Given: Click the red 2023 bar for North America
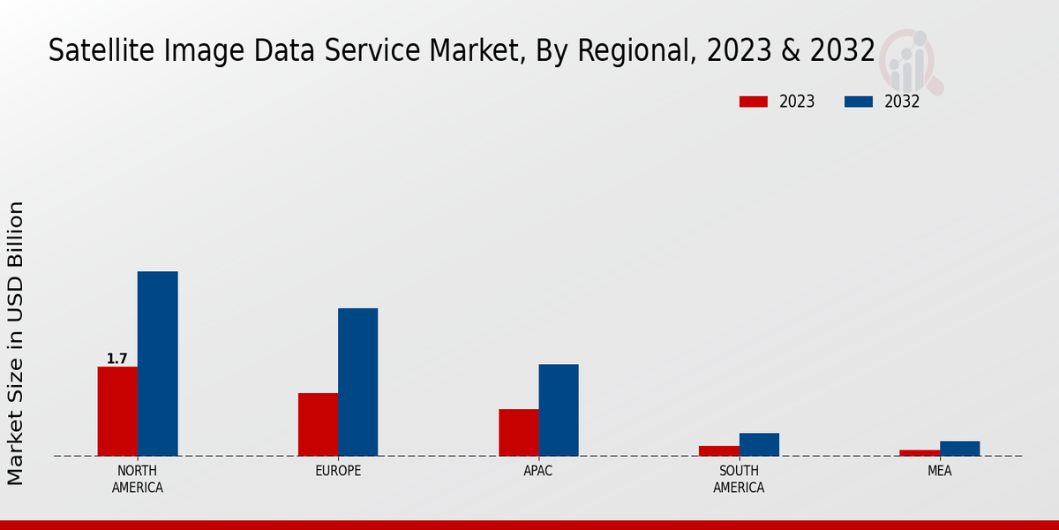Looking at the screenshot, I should [117, 411].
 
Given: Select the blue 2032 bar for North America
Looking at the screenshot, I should [157, 363].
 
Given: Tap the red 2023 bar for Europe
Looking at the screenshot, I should [318, 424].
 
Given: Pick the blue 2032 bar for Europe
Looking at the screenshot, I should [357, 382].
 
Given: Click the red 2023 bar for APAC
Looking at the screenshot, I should [518, 432].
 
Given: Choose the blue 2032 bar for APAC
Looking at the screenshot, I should [559, 410].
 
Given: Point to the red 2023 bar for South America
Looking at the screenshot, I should [718, 450].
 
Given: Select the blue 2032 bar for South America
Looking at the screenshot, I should [759, 444].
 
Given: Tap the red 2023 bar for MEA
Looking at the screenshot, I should [920, 452].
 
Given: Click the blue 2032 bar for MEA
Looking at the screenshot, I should [959, 448].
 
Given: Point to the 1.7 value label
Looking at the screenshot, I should [117, 359].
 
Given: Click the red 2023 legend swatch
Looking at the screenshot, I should [753, 102].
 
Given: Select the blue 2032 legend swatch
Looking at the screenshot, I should [858, 102].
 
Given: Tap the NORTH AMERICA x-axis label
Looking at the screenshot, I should [138, 479].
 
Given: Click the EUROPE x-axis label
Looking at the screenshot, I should [338, 471].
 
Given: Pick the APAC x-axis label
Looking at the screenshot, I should [538, 471].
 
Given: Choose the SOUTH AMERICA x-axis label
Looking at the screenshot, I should [739, 479].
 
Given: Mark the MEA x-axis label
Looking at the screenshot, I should [939, 471].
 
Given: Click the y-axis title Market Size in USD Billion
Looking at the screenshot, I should [16, 343].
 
